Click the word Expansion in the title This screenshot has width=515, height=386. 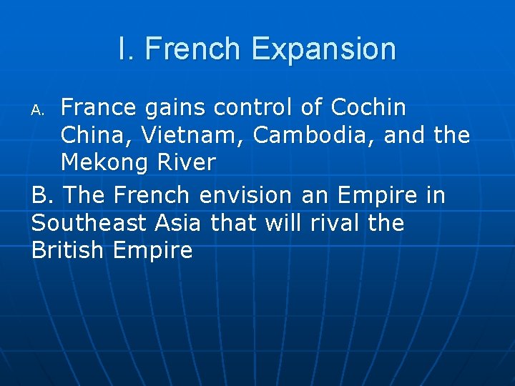click(x=324, y=49)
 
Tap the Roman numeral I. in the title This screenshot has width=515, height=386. click(x=127, y=49)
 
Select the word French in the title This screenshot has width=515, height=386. click(x=192, y=49)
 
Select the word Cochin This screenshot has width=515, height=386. click(x=369, y=108)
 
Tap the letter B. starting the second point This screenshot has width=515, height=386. click(x=44, y=195)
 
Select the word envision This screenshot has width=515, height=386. click(x=245, y=195)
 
